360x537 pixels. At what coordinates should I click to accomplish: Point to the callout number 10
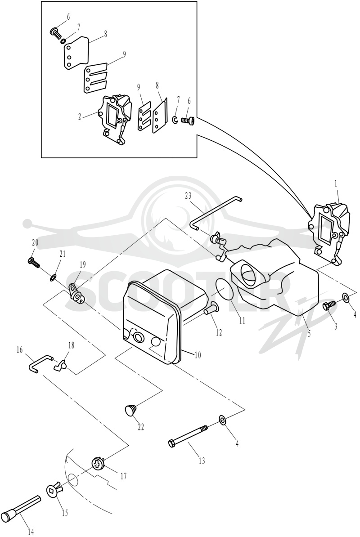(x=197, y=355)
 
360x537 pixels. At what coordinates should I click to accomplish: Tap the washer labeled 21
(x=53, y=277)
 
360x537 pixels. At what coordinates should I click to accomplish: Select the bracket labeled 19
(x=77, y=292)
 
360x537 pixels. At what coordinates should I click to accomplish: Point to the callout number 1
(x=336, y=183)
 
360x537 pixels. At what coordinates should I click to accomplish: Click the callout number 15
(x=65, y=513)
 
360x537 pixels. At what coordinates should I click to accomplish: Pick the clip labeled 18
(x=59, y=365)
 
